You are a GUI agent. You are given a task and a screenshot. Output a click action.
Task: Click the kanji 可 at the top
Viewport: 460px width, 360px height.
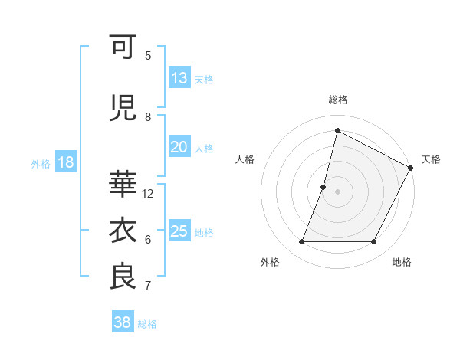click(123, 47)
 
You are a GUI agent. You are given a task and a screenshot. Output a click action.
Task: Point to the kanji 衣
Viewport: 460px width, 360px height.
click(123, 230)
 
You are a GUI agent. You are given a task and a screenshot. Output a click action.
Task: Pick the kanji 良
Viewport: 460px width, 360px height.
click(123, 277)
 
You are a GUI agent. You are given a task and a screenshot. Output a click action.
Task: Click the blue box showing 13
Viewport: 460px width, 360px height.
click(179, 78)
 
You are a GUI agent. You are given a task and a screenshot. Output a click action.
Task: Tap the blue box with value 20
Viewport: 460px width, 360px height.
click(179, 147)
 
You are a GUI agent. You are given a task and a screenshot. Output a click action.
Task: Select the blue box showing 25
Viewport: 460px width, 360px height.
click(179, 231)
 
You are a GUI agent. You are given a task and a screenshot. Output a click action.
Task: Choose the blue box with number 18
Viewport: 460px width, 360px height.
click(65, 162)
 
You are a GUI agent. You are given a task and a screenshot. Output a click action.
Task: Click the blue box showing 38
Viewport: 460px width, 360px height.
click(122, 322)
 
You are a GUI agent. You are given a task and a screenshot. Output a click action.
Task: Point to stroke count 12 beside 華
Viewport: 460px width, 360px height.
click(149, 193)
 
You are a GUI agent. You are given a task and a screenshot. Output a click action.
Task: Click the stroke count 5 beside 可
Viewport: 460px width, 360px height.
click(148, 55)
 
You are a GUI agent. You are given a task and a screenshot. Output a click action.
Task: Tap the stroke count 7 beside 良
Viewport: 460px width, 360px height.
click(148, 286)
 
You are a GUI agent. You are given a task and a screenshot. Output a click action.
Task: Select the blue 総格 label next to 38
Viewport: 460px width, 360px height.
click(147, 324)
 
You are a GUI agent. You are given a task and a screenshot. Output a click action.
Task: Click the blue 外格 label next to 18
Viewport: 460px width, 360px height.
click(41, 164)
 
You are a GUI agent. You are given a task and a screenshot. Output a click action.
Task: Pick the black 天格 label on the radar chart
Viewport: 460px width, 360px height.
click(431, 159)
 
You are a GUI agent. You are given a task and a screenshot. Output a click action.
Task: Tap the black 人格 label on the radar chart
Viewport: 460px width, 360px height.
click(245, 159)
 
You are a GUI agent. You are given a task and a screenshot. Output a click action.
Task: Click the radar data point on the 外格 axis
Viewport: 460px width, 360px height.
click(301, 242)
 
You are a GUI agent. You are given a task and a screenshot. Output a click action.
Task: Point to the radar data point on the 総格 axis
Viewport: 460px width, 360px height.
click(337, 131)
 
